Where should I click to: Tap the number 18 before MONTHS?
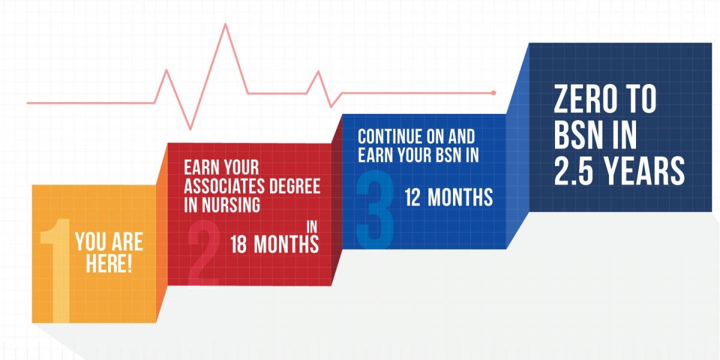(239, 245)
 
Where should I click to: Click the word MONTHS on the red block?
(286, 245)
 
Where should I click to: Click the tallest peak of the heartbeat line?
(226, 25)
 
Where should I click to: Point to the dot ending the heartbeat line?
(493, 93)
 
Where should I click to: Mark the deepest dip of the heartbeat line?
(191, 128)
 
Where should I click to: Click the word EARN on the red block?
(199, 167)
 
